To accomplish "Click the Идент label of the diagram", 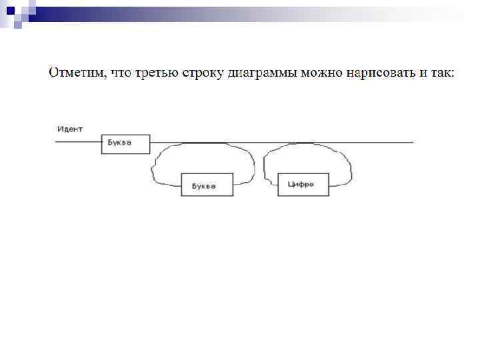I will pos(69,129).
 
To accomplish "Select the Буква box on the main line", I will pos(125,144).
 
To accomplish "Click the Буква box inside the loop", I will pos(207,185).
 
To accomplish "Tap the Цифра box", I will pos(304,184).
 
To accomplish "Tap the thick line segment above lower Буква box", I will pos(204,143).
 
